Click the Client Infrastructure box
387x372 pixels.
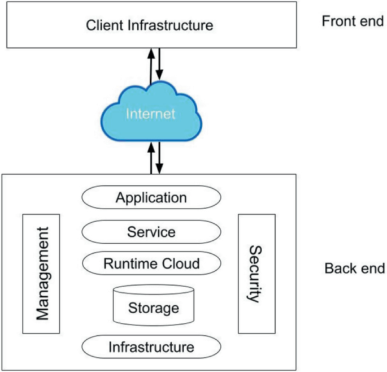pos(151,25)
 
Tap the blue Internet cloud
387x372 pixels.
pos(151,114)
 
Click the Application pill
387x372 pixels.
pos(151,198)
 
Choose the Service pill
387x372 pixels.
pos(151,232)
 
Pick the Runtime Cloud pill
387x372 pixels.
pos(151,263)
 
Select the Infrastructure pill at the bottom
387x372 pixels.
pos(151,346)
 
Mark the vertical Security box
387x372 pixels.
pos(255,274)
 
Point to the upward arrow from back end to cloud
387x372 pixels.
pos(151,159)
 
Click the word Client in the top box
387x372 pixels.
pos(105,25)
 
